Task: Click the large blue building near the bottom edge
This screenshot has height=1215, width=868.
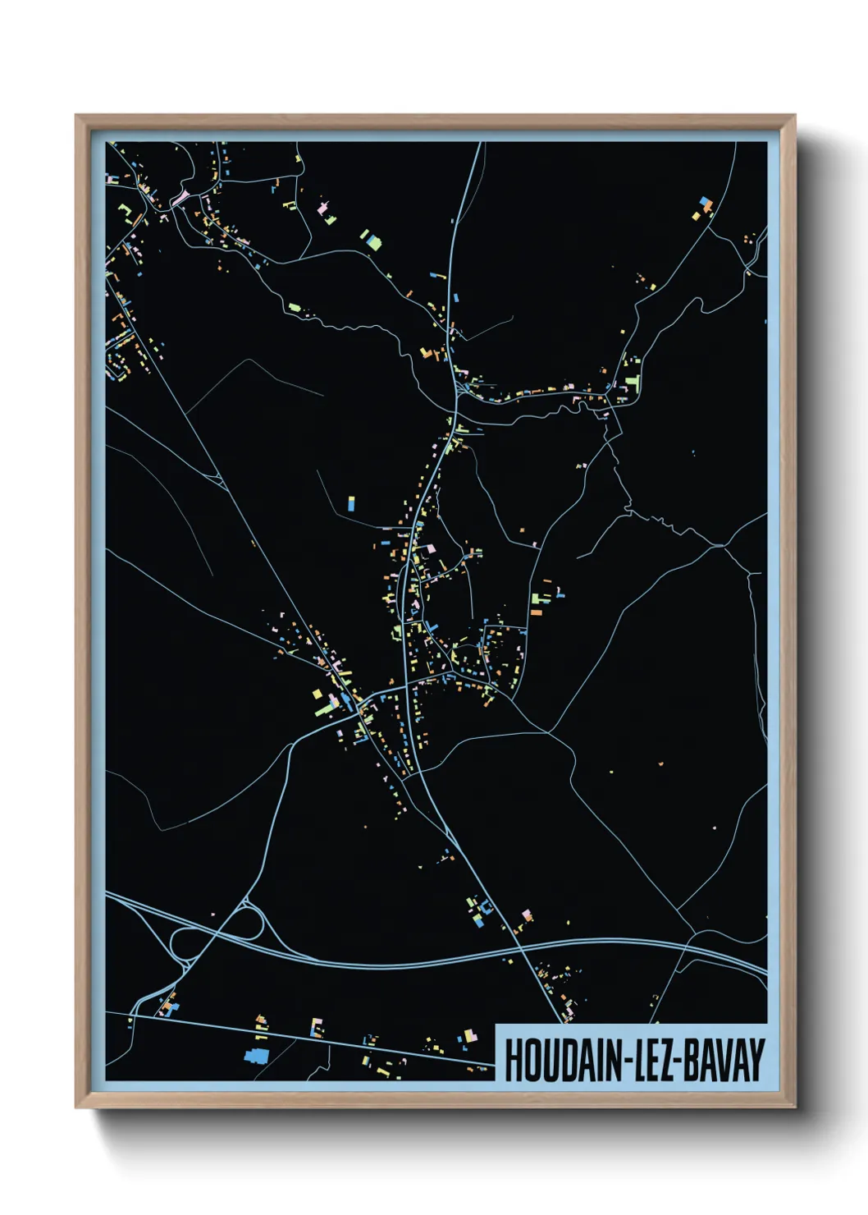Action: tap(255, 1055)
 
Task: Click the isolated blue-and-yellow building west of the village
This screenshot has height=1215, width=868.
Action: tap(351, 503)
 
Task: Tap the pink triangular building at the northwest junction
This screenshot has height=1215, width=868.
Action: tap(180, 197)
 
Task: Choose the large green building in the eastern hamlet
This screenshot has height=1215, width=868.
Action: tap(631, 383)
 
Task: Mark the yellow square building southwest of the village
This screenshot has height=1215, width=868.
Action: tap(318, 695)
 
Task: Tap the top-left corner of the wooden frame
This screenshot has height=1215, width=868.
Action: tap(76, 116)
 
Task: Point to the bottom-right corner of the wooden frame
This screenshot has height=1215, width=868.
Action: tap(794, 1107)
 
